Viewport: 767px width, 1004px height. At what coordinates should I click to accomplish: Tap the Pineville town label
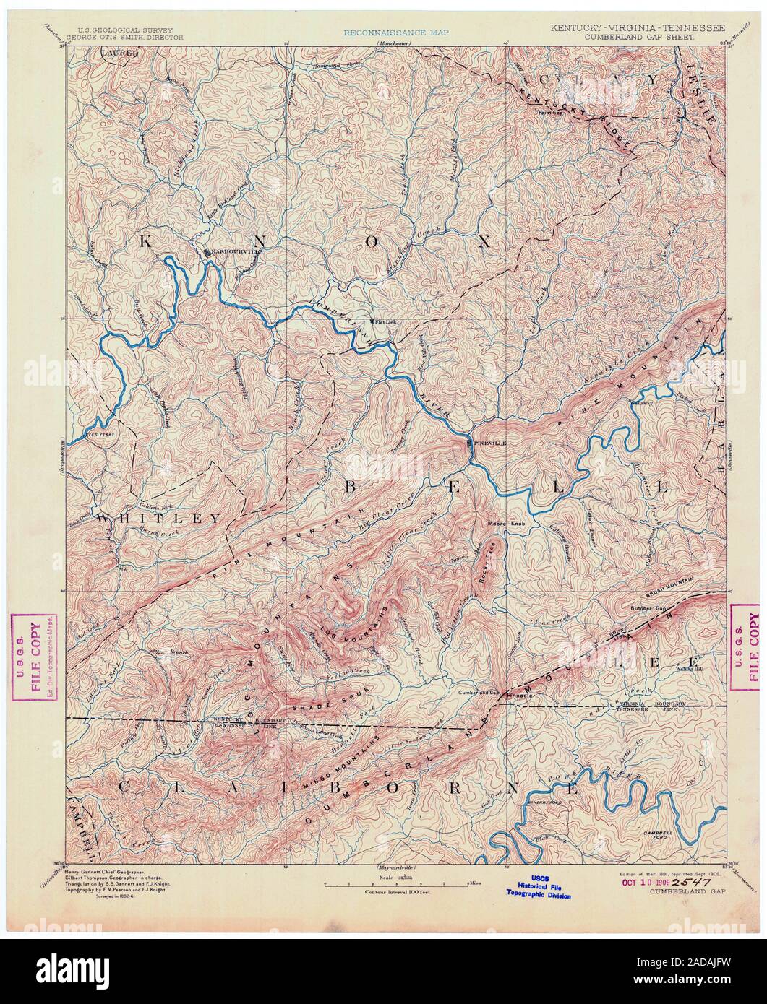(x=489, y=443)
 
